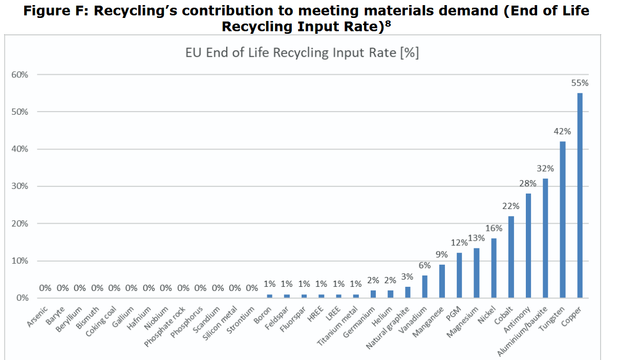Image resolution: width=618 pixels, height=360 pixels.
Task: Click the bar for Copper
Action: (x=580, y=195)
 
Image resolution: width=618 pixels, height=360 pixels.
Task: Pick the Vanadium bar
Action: (x=425, y=287)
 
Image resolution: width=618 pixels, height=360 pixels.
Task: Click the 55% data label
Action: (x=580, y=82)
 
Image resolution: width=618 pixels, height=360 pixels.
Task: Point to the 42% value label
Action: (x=562, y=131)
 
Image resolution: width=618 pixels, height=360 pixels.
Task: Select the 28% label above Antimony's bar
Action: (x=528, y=183)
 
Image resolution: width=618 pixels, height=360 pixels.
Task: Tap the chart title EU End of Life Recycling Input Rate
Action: (x=302, y=53)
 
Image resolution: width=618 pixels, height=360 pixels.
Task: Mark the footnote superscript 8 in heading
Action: (x=388, y=24)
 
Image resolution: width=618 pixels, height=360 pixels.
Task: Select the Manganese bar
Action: (x=442, y=281)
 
